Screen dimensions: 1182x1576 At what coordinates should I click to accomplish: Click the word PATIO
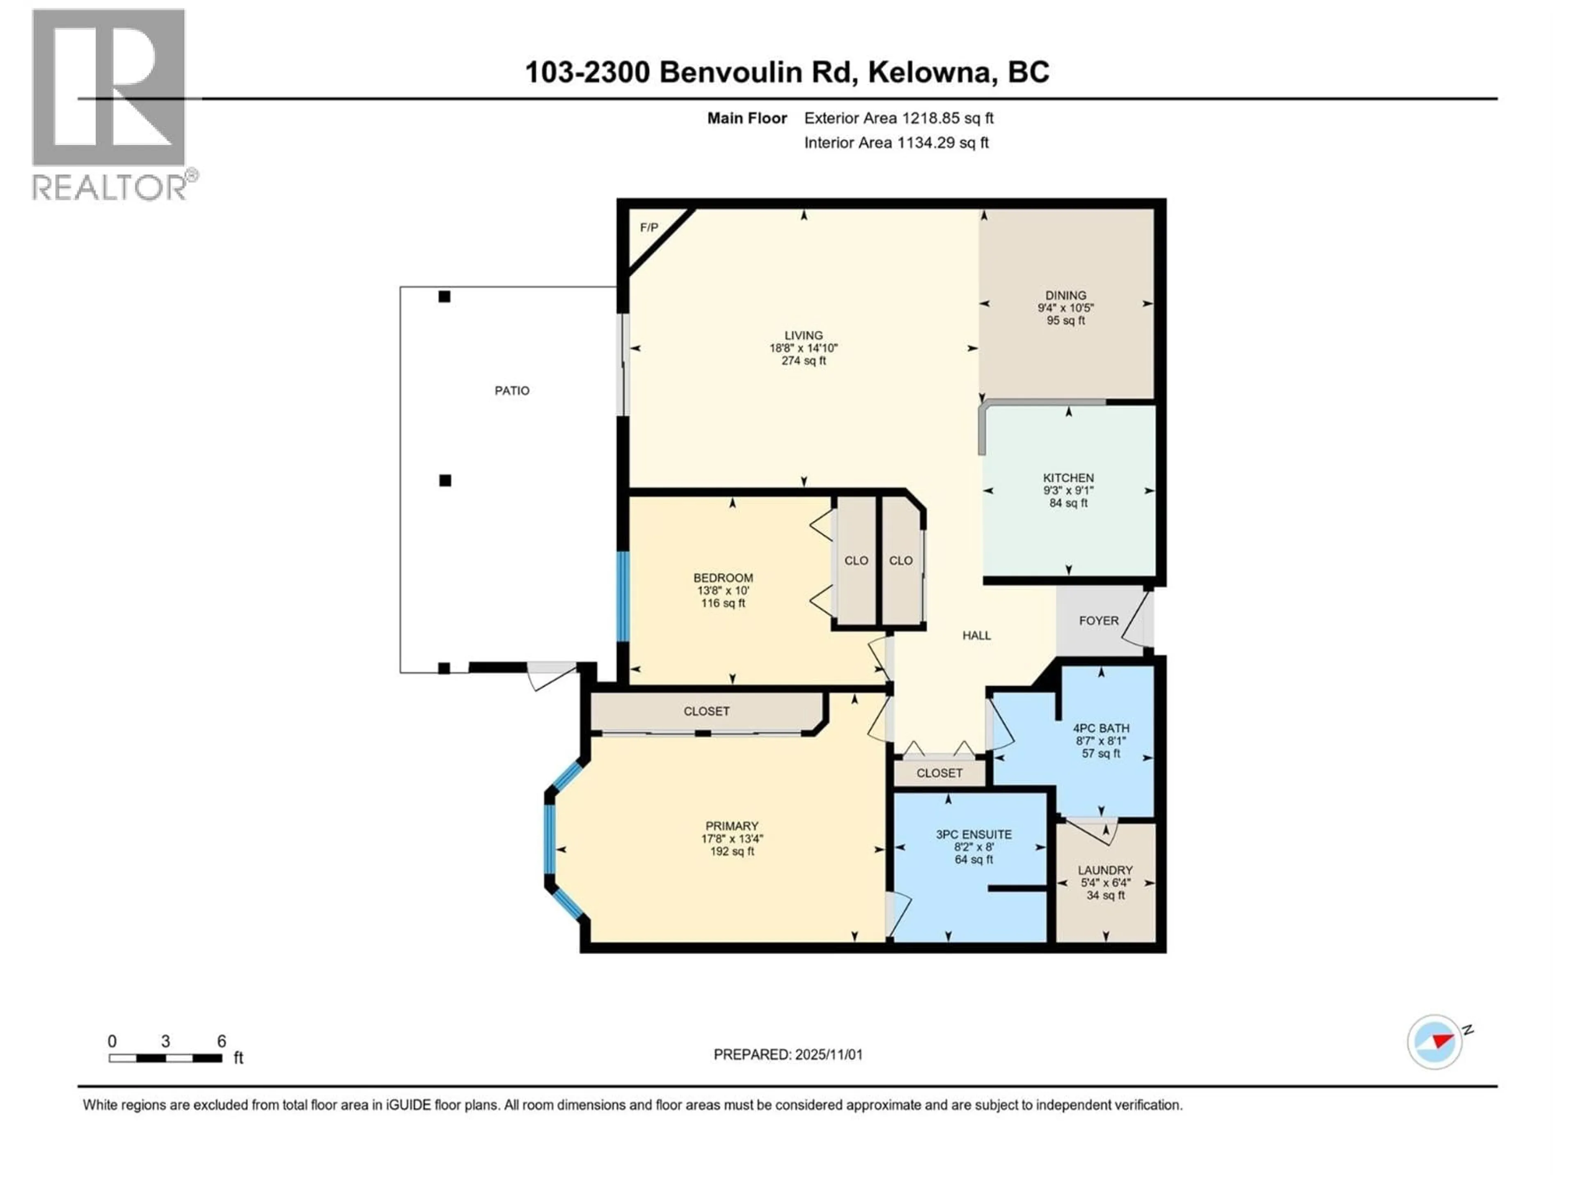pos(511,390)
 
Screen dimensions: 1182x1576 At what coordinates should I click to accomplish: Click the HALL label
pos(976,635)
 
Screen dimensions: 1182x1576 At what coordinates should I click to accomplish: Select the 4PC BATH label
pos(1101,728)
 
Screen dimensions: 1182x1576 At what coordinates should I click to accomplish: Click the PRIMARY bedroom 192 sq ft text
pos(732,852)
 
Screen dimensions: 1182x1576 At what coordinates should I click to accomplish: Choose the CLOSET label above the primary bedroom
pos(706,711)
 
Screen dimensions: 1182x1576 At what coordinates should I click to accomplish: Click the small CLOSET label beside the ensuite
pos(939,773)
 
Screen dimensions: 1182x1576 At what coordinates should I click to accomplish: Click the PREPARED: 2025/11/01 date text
pos(788,1054)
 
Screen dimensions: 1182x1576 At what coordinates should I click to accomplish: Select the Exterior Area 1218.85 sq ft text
pos(898,118)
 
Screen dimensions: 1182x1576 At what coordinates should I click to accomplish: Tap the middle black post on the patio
pos(444,480)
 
